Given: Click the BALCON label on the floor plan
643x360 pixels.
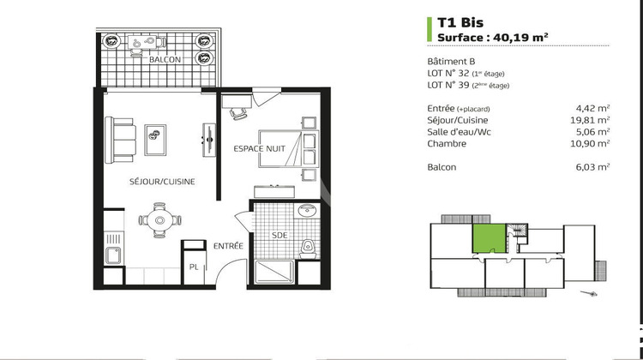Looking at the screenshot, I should (x=165, y=60).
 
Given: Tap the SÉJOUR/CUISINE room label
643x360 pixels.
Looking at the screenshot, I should (x=162, y=182).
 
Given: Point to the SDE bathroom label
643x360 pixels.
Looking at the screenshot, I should (x=279, y=234).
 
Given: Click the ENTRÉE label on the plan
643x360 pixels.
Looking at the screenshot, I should (x=228, y=246).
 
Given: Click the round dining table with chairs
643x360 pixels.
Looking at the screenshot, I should (x=158, y=219).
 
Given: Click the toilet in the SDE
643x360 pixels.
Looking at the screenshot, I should (x=307, y=248).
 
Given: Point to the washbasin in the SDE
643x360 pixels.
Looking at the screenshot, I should (x=307, y=212).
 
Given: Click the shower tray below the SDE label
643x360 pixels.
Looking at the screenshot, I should (x=273, y=273).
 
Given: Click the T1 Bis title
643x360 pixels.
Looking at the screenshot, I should (x=457, y=23).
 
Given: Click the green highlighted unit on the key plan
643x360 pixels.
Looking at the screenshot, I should (x=489, y=235).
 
